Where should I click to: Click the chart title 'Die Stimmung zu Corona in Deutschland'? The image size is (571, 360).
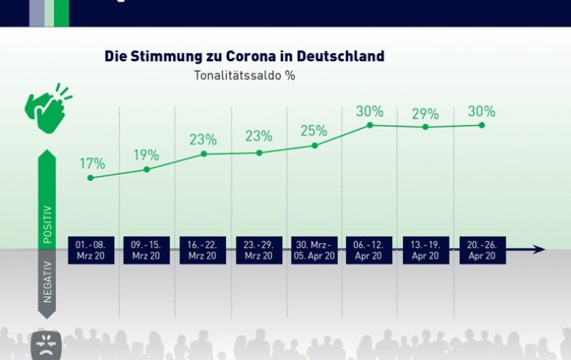[244, 57]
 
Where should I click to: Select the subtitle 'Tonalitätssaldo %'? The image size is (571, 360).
[244, 75]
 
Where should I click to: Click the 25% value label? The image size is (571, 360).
[313, 131]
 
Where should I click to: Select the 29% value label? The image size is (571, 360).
[425, 113]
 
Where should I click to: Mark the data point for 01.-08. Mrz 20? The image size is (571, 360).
[91, 177]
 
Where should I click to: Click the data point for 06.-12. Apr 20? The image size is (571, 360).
[370, 125]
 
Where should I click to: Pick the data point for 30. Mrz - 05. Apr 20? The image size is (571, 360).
[314, 145]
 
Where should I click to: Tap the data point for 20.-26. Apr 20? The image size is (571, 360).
[481, 125]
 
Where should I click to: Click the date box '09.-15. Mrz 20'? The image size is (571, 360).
[147, 250]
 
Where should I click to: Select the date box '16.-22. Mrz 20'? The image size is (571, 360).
[202, 250]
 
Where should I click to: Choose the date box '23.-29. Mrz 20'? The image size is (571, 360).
[258, 250]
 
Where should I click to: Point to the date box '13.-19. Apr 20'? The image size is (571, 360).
[425, 250]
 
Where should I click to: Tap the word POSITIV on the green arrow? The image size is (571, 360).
[46, 223]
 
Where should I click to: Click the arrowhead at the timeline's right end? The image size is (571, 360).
[539, 250]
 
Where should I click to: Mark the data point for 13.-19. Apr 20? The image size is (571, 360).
[425, 127]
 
